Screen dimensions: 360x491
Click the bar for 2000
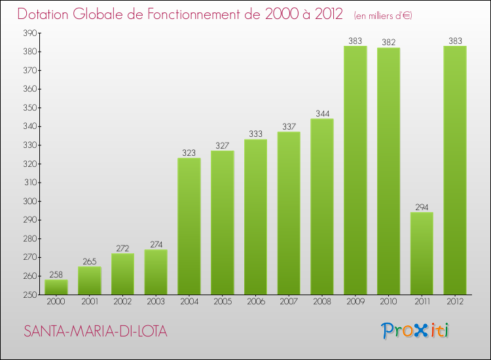click(56, 287)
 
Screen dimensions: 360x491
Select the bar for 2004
click(189, 226)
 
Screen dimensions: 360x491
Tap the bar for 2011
click(422, 253)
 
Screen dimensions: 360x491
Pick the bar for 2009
click(355, 170)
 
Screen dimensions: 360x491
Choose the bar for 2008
click(322, 206)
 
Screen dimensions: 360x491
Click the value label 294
click(422, 207)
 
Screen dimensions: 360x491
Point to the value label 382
click(389, 43)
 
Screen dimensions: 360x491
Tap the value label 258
click(56, 274)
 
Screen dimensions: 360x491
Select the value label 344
click(322, 113)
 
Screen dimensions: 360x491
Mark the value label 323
click(189, 153)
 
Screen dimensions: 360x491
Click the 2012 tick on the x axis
click(455, 302)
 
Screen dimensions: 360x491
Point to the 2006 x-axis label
click(255, 302)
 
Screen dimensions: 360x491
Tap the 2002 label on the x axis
click(122, 302)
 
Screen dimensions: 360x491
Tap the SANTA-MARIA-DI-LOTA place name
click(96, 332)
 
